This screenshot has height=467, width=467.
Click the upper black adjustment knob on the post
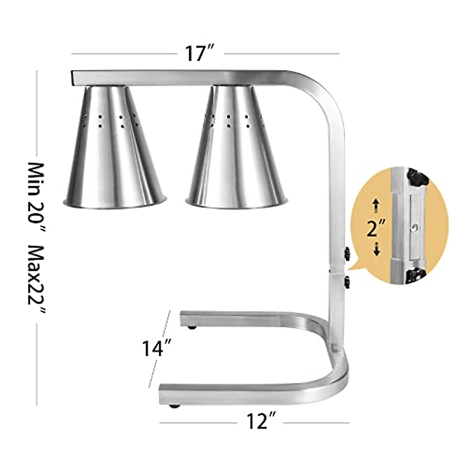[346, 253]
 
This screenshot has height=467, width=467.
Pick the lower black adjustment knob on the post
[347, 281]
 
